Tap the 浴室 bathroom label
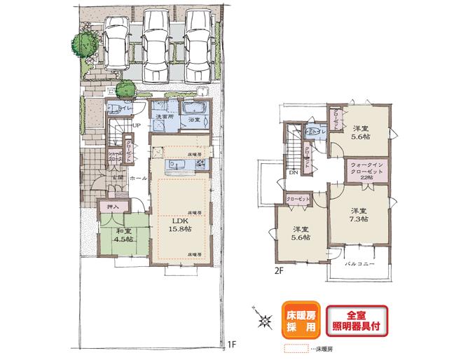pos(193,120)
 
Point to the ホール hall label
pos(138,179)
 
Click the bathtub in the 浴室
pos(193,109)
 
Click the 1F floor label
pos(231,345)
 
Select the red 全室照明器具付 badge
pos(357,319)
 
